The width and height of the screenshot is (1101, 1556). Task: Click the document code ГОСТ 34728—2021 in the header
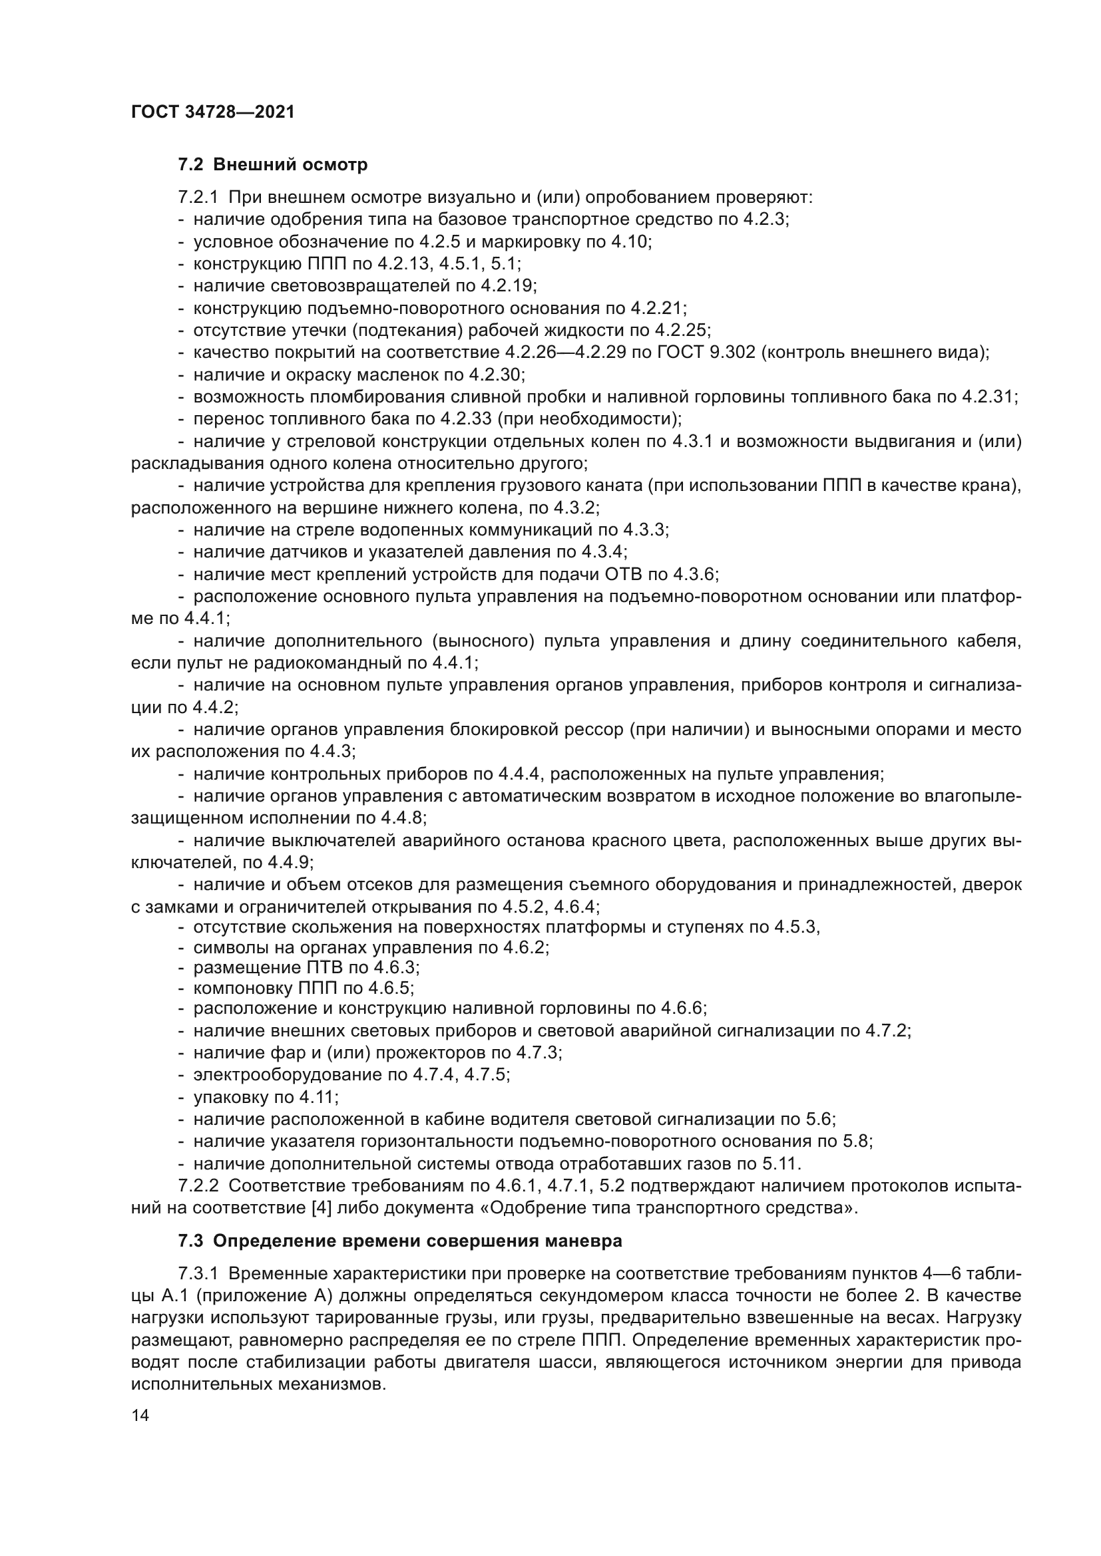(x=212, y=112)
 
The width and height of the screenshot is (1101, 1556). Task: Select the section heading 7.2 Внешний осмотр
(x=272, y=165)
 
